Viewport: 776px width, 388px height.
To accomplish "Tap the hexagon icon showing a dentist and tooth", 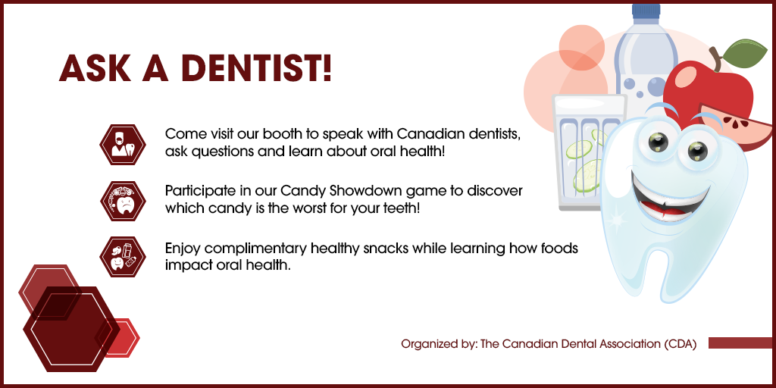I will point(122,143).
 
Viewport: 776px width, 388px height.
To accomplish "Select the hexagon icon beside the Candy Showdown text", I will point(122,200).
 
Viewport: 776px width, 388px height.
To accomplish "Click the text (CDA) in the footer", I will point(680,344).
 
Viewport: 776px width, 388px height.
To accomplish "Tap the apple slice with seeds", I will point(726,124).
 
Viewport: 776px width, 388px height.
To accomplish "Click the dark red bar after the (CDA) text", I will point(740,343).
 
